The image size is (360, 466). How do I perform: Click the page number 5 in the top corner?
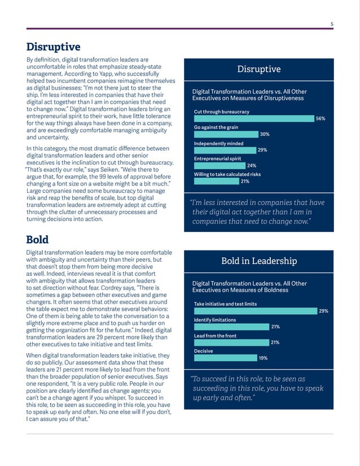pyautogui.click(x=332, y=24)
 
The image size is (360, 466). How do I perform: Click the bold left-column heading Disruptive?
pyautogui.click(x=54, y=47)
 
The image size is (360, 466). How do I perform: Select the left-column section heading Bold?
pyautogui.click(x=38, y=240)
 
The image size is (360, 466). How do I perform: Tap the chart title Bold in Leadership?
pyautogui.click(x=258, y=261)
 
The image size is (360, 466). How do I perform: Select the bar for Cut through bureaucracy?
pyautogui.click(x=254, y=118)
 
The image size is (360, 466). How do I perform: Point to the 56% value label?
pyautogui.click(x=321, y=118)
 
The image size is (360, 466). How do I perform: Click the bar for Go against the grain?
pyautogui.click(x=226, y=134)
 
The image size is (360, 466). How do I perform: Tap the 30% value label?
pyautogui.click(x=265, y=134)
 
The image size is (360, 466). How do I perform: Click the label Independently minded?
pyautogui.click(x=218, y=143)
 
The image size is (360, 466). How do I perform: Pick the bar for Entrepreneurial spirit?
pyautogui.click(x=219, y=166)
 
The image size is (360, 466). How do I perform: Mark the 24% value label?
pyautogui.click(x=252, y=166)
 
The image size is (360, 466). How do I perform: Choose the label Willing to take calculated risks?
pyautogui.click(x=227, y=175)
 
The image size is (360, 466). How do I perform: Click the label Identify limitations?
pyautogui.click(x=215, y=320)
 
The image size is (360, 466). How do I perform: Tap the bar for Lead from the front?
pyautogui.click(x=231, y=342)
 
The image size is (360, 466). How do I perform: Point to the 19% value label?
pyautogui.click(x=263, y=358)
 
